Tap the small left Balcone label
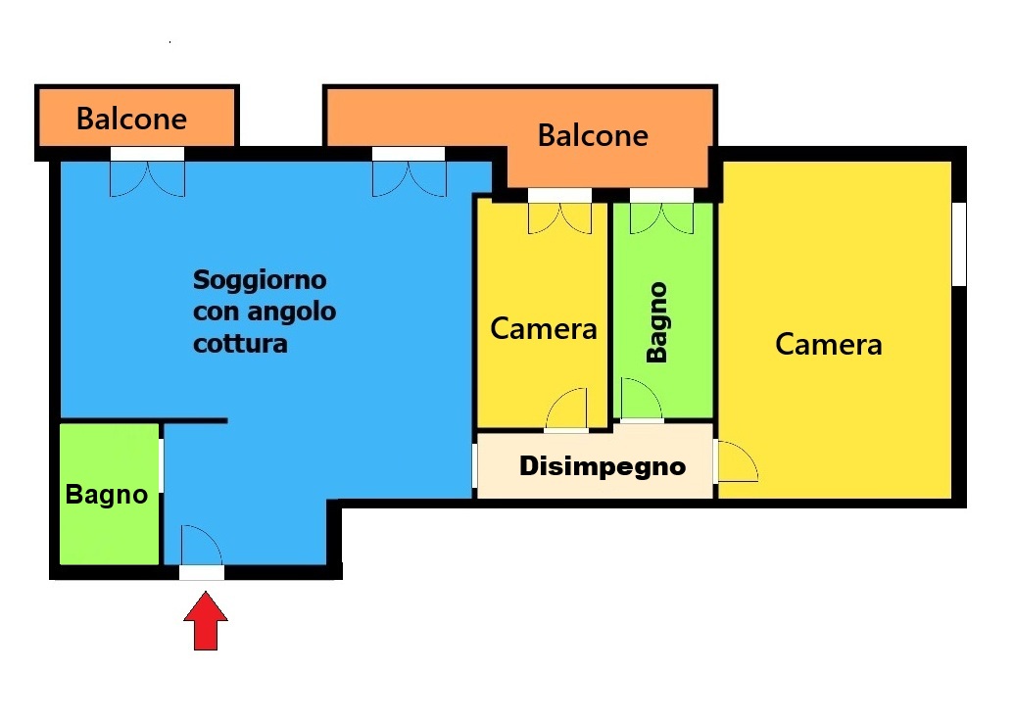point(132,119)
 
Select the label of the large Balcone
point(593,136)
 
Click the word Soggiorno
point(260,280)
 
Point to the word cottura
point(240,343)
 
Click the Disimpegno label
point(603,466)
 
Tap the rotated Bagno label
point(657,322)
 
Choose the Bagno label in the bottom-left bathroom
point(107,495)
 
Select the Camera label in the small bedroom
point(543,328)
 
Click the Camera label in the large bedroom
point(829,344)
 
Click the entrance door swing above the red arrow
point(201,547)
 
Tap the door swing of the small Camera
point(567,409)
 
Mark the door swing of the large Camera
point(738,461)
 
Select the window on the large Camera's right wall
point(960,244)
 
